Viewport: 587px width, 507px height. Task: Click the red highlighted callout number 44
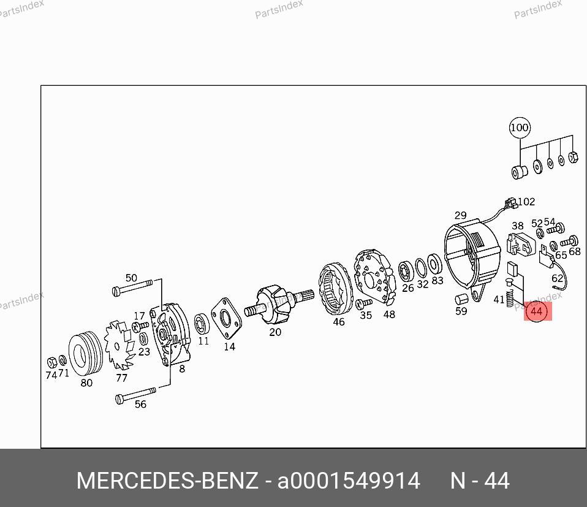[537, 311]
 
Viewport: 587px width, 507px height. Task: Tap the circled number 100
[520, 128]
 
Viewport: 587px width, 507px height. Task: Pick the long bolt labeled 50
[132, 287]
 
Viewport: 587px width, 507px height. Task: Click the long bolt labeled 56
[135, 395]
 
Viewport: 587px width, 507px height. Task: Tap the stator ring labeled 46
[336, 290]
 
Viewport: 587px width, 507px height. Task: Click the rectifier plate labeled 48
[375, 277]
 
